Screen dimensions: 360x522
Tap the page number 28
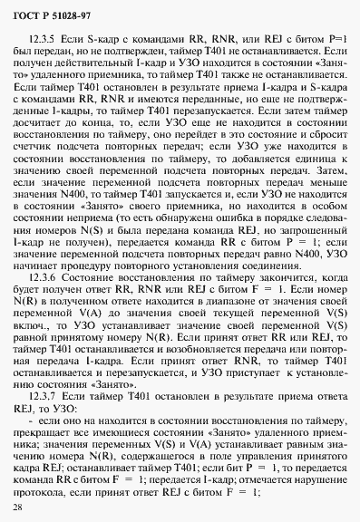[x=20, y=505]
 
